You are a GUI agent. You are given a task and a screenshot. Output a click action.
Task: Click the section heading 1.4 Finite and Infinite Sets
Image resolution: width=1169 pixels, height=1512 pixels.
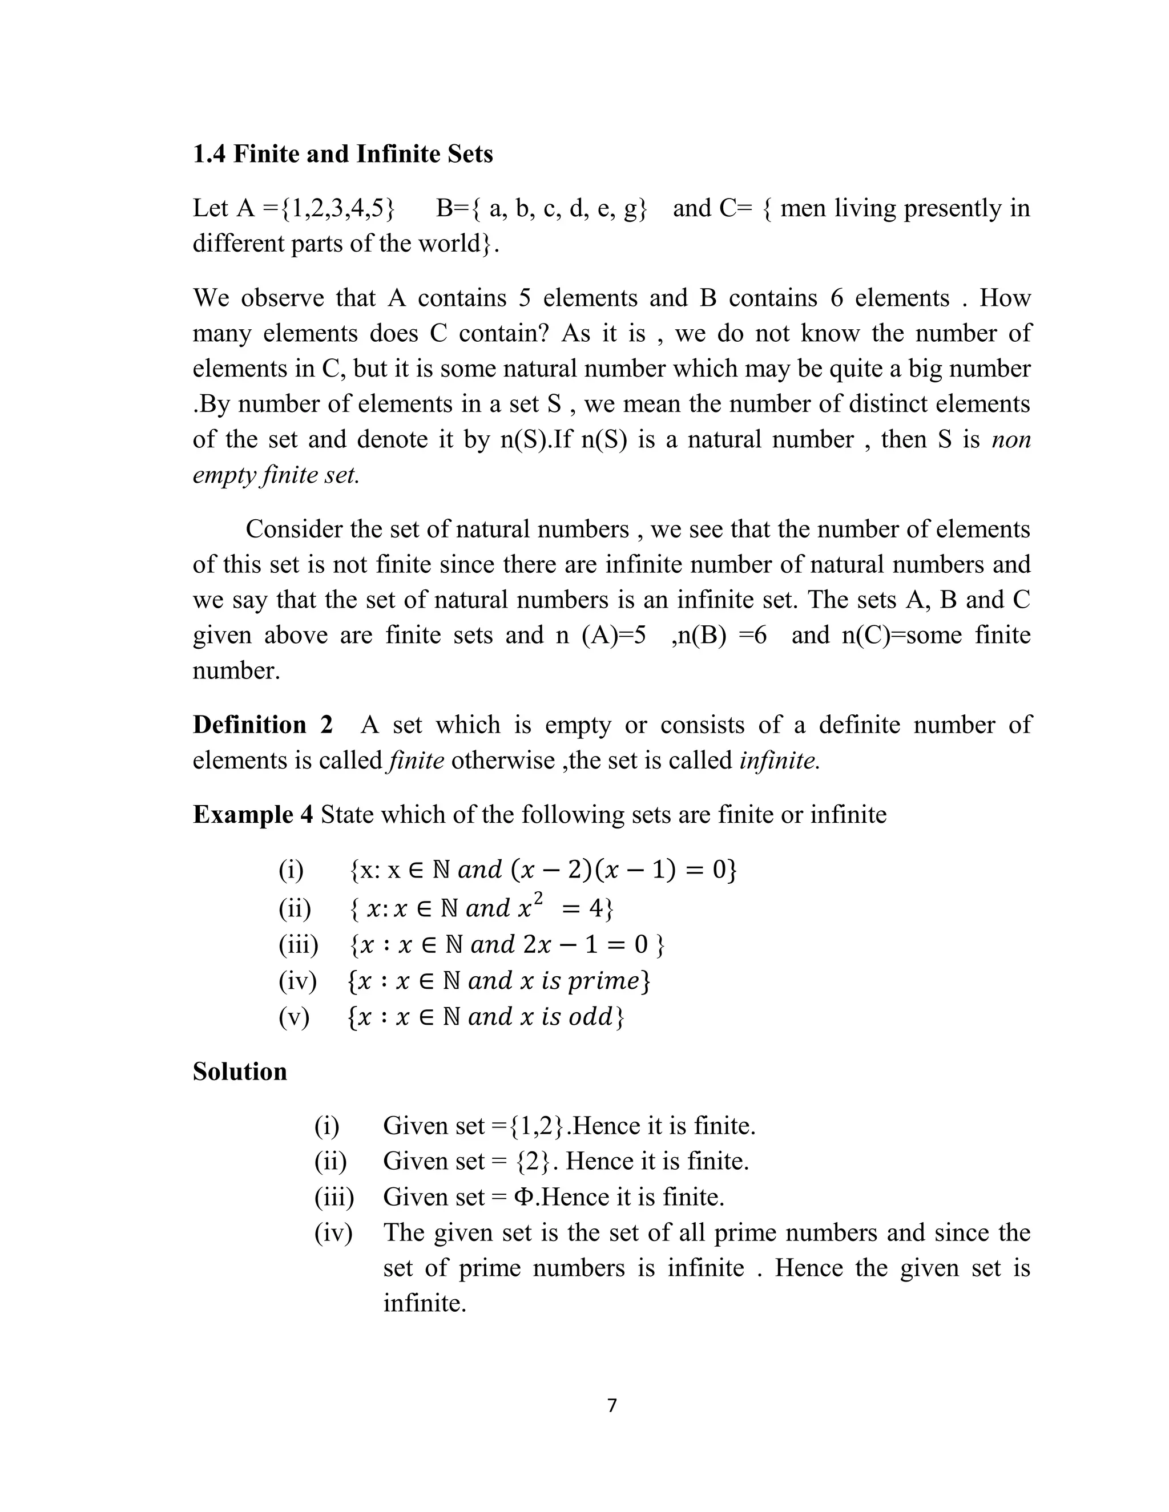pyautogui.click(x=343, y=153)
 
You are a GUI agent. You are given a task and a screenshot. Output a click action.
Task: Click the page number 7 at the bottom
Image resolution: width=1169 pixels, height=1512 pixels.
pyautogui.click(x=611, y=1405)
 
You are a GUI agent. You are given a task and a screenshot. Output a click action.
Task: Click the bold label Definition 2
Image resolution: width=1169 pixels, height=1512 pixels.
pyautogui.click(x=263, y=725)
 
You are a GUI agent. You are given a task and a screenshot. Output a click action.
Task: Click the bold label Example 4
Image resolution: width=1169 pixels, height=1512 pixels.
pyautogui.click(x=253, y=814)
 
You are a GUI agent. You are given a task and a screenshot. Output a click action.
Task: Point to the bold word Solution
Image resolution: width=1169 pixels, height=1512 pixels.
pyautogui.click(x=240, y=1071)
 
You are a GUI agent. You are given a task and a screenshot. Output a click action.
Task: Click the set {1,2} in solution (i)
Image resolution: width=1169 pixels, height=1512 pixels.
pyautogui.click(x=537, y=1126)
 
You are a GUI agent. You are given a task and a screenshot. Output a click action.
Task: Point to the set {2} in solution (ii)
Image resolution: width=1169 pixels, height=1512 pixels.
pyautogui.click(x=536, y=1161)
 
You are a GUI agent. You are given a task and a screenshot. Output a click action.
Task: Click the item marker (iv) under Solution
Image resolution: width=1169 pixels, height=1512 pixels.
pyautogui.click(x=333, y=1232)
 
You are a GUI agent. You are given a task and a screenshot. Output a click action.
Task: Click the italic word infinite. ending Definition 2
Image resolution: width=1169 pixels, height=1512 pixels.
pyautogui.click(x=779, y=760)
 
